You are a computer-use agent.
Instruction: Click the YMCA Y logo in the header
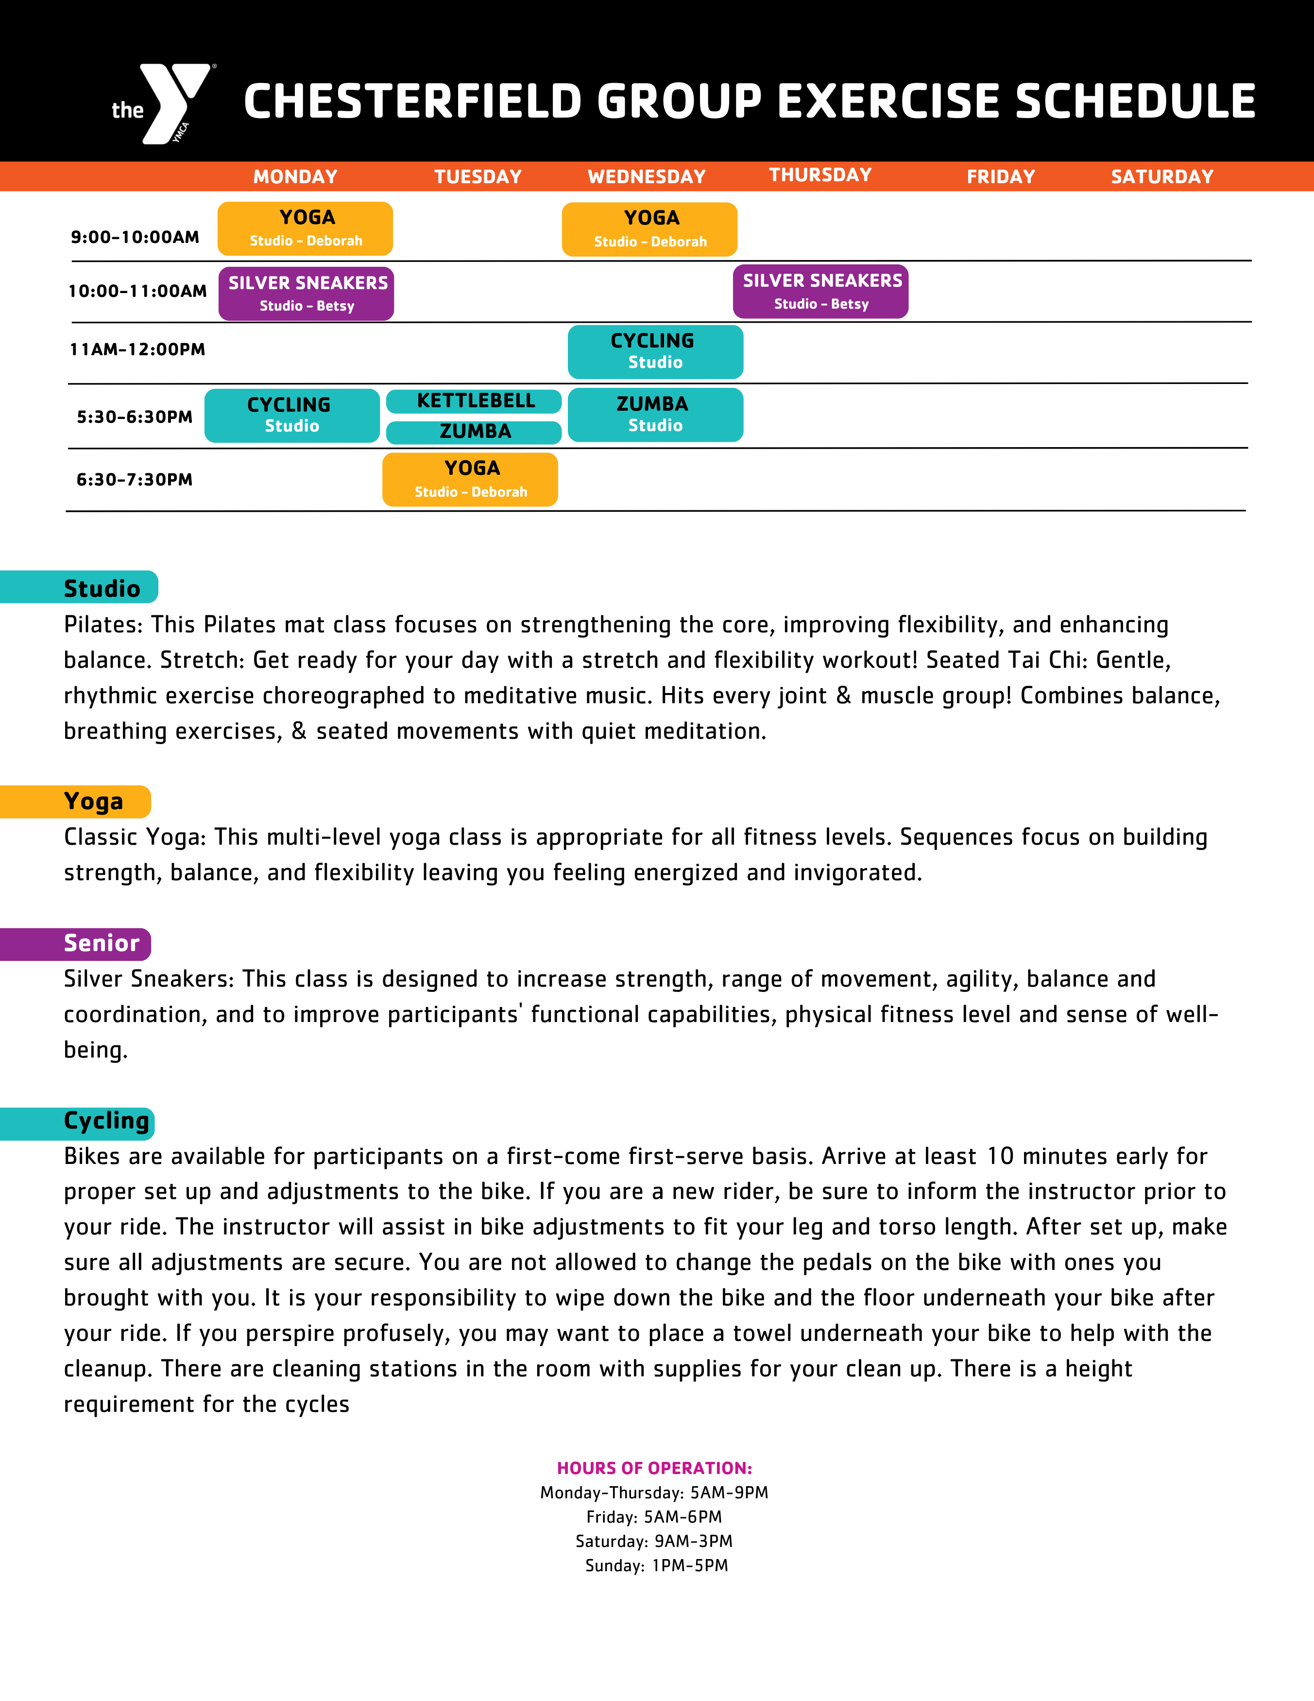point(173,103)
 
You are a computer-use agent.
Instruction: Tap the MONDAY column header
point(295,177)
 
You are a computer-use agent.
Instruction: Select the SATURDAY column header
point(1161,177)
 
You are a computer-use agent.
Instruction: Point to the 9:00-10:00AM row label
point(135,237)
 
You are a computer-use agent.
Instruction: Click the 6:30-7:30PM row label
point(134,480)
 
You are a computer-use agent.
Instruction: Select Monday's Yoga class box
point(305,229)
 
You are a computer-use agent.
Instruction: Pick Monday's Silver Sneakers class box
point(306,294)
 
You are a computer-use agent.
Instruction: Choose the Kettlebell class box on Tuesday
point(474,401)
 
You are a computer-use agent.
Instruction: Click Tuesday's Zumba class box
point(474,432)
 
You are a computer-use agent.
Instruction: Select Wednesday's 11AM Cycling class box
point(655,352)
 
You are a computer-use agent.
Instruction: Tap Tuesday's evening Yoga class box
point(470,480)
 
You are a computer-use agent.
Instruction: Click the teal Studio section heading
point(101,588)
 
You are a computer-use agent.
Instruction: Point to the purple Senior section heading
point(101,943)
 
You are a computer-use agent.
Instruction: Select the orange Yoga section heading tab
point(93,801)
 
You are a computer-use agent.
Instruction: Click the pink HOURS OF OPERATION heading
point(654,1468)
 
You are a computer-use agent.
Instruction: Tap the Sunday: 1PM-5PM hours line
point(656,1565)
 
